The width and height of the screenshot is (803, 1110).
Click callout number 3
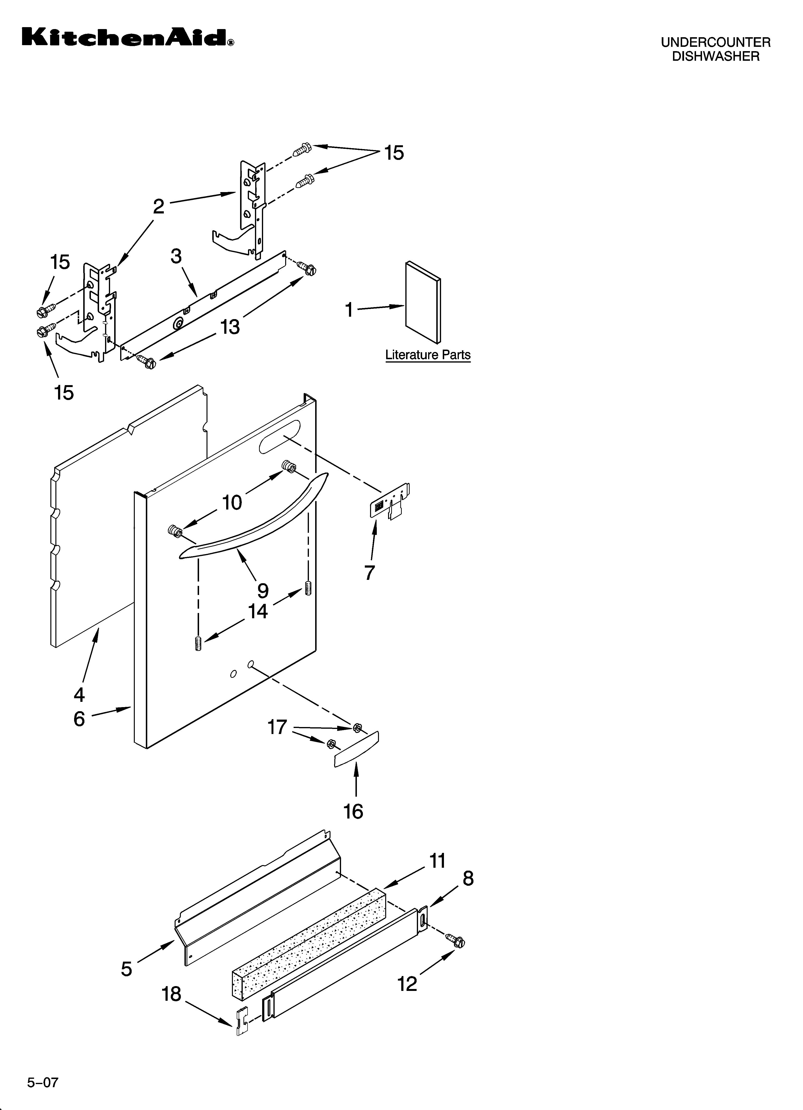point(176,256)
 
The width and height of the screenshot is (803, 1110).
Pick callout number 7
point(370,572)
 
